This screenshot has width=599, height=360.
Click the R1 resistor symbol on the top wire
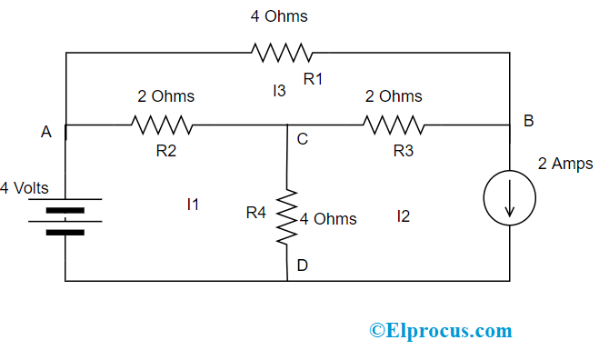(284, 53)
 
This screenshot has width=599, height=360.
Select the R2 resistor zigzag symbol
(161, 125)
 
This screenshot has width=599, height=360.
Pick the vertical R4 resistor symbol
(287, 215)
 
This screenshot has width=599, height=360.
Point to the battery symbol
(65, 215)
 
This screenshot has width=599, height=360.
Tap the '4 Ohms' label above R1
(279, 16)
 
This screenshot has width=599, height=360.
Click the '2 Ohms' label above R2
(165, 95)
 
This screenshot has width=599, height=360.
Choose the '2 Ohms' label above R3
(394, 95)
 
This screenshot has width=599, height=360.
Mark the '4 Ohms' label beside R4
(328, 219)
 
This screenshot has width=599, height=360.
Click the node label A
(45, 133)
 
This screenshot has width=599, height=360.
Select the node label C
(302, 140)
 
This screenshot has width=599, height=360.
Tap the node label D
(302, 265)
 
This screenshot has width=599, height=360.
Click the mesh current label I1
(192, 205)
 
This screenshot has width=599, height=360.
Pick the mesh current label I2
(404, 216)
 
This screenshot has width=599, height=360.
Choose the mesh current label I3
(279, 90)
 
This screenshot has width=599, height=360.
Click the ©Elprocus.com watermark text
(440, 331)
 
